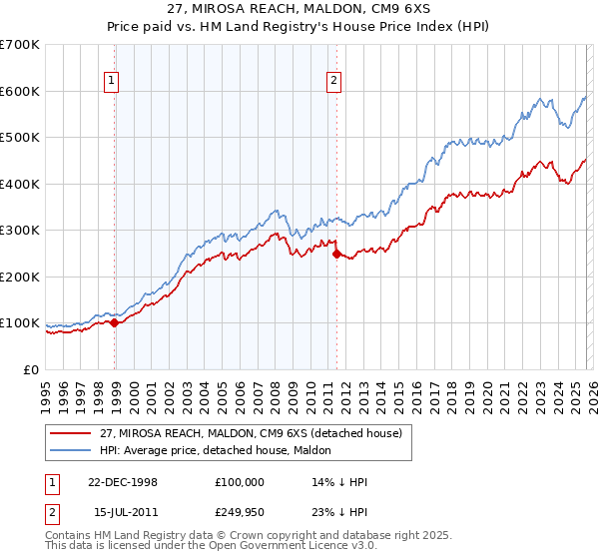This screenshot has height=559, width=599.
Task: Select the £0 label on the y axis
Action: [30, 370]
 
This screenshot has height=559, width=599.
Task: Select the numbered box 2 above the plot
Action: [333, 82]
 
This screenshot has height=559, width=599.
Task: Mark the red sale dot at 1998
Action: [115, 322]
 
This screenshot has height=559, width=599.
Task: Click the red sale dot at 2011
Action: [335, 254]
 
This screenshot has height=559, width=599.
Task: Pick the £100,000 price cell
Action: [239, 482]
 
